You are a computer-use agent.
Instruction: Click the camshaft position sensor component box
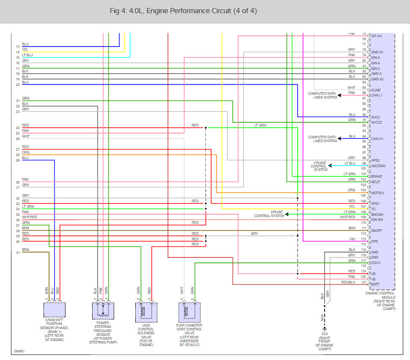click(x=55, y=310)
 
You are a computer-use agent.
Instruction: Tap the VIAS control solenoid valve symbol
click(x=146, y=311)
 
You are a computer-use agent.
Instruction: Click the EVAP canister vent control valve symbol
click(x=189, y=311)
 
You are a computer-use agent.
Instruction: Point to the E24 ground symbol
click(x=325, y=328)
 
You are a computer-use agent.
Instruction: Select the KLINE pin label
click(x=376, y=90)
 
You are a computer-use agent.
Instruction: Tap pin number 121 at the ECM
click(x=364, y=282)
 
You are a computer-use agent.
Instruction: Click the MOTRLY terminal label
click(x=377, y=193)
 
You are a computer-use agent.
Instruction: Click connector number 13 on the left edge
click(x=17, y=46)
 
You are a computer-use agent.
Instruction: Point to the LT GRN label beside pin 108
click(x=349, y=212)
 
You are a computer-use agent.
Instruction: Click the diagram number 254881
click(x=19, y=351)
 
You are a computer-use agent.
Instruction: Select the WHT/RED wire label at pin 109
click(x=347, y=217)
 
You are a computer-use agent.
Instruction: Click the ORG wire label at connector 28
click(x=26, y=153)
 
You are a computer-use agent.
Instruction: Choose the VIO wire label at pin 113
click(x=352, y=239)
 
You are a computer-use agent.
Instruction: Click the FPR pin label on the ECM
click(x=374, y=242)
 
